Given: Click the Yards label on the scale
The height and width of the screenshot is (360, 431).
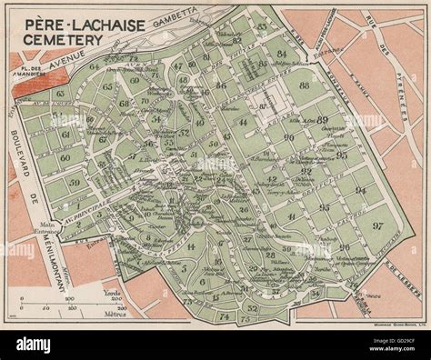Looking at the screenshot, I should (x=113, y=294).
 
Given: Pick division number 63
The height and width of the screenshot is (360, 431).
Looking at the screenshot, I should (x=60, y=94).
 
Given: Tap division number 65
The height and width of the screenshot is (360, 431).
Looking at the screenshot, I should (x=107, y=86).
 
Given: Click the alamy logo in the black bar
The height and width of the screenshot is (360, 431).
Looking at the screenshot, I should (x=36, y=345).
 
